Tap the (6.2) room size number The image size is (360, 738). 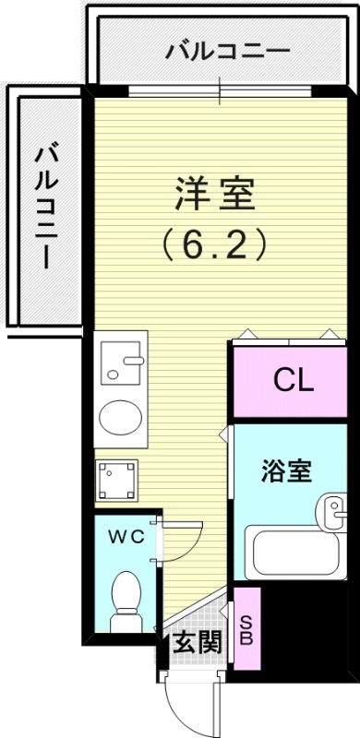[x=214, y=244]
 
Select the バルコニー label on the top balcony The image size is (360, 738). [x=227, y=51]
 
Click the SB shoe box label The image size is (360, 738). [x=246, y=630]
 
